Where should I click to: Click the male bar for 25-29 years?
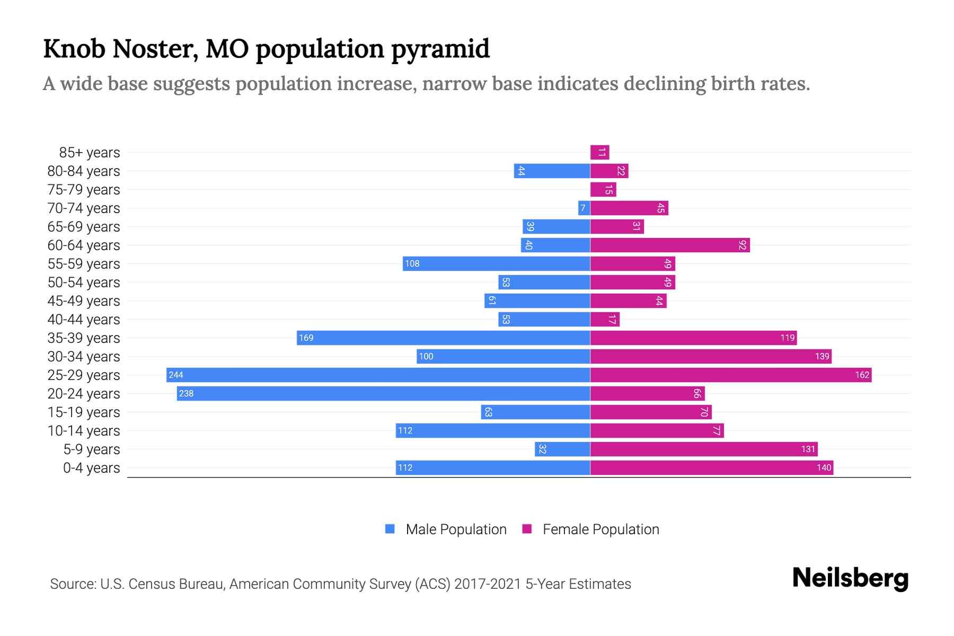pos(378,375)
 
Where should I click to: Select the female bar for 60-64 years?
pos(670,245)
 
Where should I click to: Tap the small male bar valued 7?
pos(584,208)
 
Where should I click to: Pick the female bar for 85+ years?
pos(599,153)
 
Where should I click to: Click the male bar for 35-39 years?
pos(443,338)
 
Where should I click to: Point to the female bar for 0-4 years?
pos(711,468)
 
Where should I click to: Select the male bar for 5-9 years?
pos(562,449)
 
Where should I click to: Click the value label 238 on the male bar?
pos(187,394)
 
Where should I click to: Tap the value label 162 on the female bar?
pos(862,375)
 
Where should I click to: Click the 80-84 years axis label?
pos(84,171)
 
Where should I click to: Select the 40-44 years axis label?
pos(84,320)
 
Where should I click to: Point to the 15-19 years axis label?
pos(84,412)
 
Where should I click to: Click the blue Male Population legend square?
pos(390,529)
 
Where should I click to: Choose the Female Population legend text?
pos(600,529)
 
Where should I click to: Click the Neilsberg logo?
pos(850,578)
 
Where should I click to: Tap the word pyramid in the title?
pos(440,49)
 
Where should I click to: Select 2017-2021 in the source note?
pos(488,584)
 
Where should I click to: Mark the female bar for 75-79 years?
pos(603,190)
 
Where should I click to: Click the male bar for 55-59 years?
pos(496,264)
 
